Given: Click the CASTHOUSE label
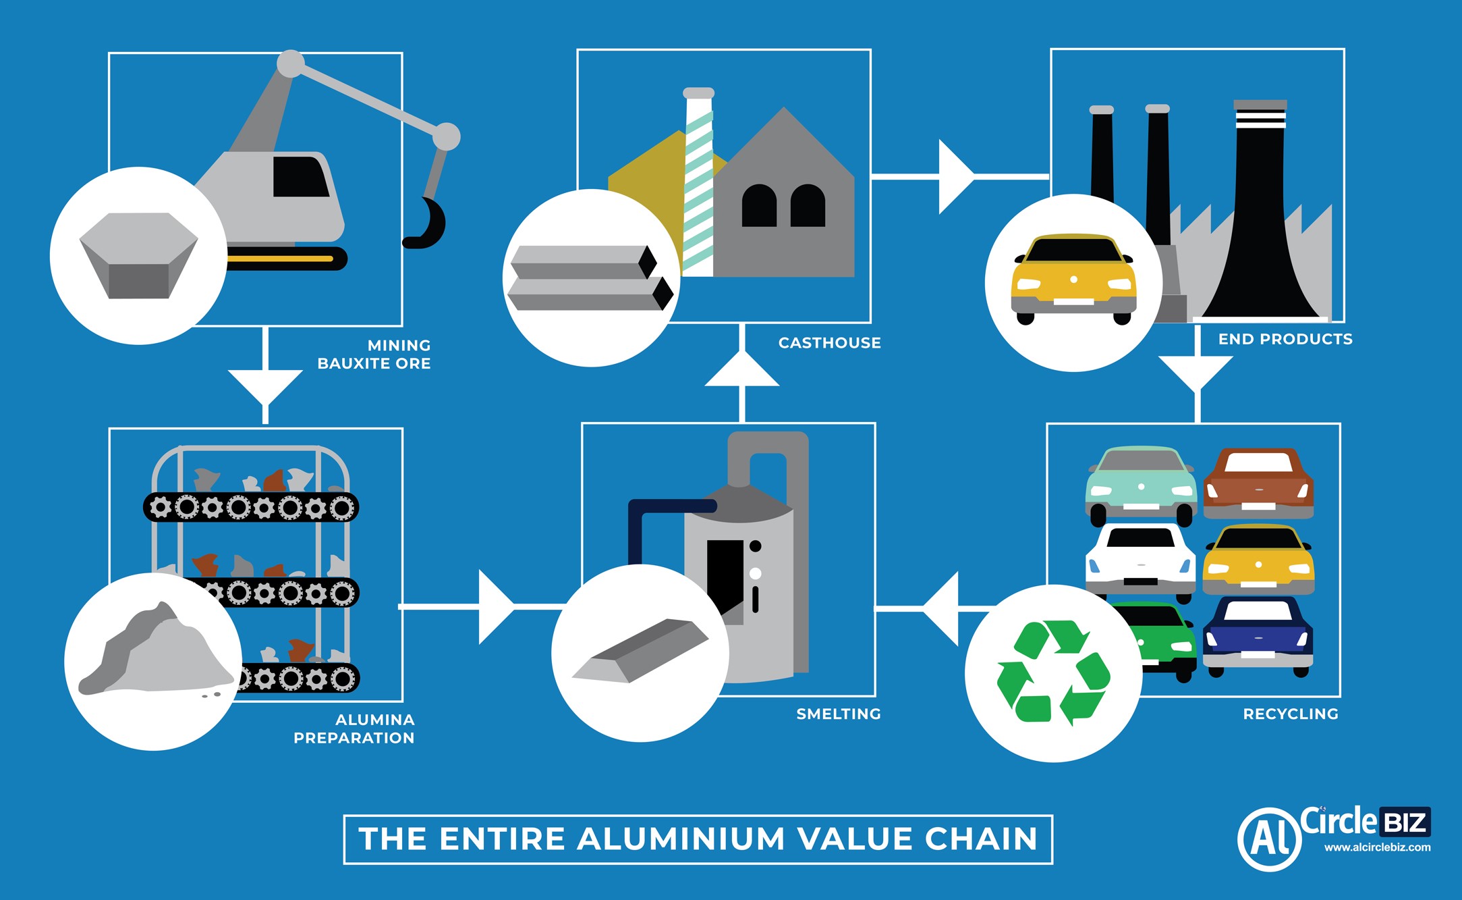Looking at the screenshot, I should [829, 343].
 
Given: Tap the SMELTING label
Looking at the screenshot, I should [839, 714].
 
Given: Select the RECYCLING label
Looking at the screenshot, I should [1290, 714].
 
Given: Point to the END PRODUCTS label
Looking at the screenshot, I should [1285, 339].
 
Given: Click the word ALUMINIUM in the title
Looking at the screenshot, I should [681, 839].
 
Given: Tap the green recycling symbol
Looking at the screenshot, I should [1053, 672].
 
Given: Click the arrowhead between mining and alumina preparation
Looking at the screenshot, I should [265, 384].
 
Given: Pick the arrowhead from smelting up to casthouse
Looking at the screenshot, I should [741, 372].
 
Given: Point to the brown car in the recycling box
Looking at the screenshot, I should [1258, 483].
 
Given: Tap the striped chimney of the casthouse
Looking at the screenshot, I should [699, 182].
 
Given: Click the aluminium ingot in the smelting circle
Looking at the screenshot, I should [641, 650].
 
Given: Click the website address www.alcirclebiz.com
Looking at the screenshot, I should [1377, 847].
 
